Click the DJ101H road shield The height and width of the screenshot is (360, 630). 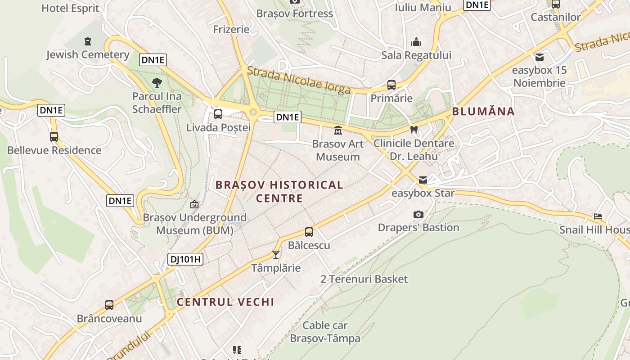[185, 259]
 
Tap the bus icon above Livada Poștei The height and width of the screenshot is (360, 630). [218, 114]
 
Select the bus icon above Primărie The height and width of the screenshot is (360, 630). [391, 85]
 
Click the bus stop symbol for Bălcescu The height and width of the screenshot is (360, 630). [309, 232]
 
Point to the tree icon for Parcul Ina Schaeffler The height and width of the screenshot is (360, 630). [157, 82]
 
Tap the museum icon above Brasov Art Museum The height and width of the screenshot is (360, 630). [337, 130]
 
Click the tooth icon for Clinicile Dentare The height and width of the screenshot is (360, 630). [414, 130]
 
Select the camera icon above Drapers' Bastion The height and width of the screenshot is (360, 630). [418, 214]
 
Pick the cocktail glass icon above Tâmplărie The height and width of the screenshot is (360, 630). [276, 255]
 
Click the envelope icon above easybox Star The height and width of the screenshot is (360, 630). [423, 180]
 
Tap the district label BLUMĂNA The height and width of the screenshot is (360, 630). [483, 112]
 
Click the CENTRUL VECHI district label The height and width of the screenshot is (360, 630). [225, 302]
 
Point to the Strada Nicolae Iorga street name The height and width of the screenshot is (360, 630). [299, 81]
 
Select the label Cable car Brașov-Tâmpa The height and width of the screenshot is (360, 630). [325, 332]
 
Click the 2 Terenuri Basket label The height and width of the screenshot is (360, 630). [364, 279]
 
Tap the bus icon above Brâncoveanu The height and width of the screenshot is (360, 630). [109, 305]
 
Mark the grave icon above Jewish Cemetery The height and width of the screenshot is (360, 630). [88, 41]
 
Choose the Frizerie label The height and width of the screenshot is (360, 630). [231, 29]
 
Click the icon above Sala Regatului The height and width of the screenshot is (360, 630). [416, 42]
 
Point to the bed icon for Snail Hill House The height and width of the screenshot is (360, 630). [598, 216]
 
